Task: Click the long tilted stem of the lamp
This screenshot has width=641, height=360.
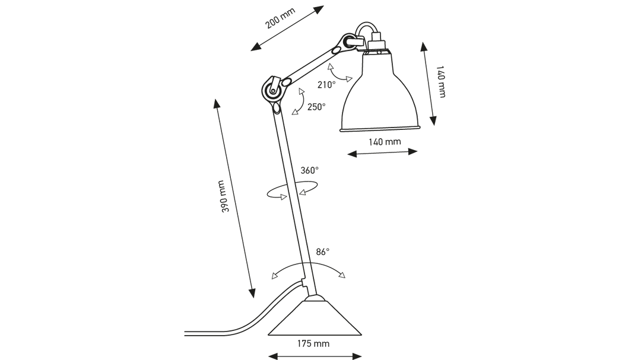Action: tap(294, 196)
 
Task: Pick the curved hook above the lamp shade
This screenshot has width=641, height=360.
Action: tap(369, 30)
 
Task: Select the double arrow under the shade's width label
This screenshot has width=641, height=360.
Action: tap(382, 154)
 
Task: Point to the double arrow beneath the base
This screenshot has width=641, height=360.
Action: tap(315, 355)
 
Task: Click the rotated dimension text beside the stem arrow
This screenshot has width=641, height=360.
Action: tap(223, 196)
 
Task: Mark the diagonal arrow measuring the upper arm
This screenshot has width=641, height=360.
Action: tap(288, 28)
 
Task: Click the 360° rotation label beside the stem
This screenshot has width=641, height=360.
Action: tap(309, 171)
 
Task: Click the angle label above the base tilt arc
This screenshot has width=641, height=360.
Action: tap(322, 252)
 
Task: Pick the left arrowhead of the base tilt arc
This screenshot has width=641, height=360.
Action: tap(274, 276)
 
